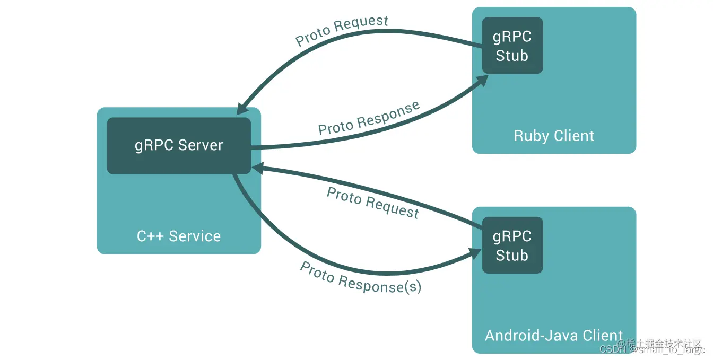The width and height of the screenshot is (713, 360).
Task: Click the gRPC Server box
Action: [179, 146]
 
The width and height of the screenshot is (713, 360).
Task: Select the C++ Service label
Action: [179, 236]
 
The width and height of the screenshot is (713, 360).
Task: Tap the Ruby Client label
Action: [554, 136]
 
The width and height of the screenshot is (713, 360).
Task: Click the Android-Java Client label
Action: [554, 336]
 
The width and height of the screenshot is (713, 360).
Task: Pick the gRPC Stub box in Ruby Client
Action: [512, 46]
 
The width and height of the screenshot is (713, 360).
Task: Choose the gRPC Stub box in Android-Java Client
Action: [512, 245]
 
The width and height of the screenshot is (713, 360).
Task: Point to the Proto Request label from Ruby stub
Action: [342, 31]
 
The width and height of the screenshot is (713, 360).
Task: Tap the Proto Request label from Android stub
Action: [373, 203]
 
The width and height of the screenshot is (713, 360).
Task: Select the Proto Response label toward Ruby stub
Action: [369, 119]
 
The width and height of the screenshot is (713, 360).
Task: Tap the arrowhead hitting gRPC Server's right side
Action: [257, 168]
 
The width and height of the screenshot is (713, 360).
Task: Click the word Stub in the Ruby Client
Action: [512, 56]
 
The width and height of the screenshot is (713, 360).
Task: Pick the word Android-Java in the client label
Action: [532, 336]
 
